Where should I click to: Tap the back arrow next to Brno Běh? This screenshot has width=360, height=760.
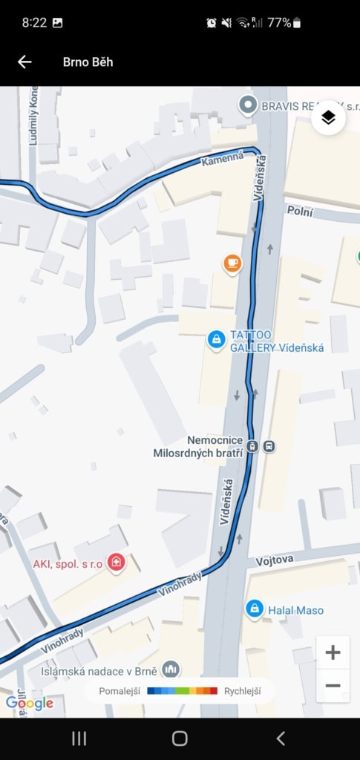[24, 62]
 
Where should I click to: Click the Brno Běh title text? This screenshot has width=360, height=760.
[88, 62]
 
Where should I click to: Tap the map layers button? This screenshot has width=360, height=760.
[329, 118]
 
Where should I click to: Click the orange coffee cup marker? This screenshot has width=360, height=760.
[232, 263]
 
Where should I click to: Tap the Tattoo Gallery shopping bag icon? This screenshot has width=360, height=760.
[216, 340]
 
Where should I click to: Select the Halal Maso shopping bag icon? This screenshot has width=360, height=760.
[255, 609]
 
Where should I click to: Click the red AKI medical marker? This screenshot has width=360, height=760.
[115, 563]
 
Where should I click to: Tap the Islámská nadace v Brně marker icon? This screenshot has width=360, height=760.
[171, 669]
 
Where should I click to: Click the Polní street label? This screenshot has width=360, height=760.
[300, 212]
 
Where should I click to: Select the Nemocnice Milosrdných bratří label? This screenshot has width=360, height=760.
[199, 447]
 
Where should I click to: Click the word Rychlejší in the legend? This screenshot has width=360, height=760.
[242, 691]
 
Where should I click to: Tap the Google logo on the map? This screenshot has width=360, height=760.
[29, 702]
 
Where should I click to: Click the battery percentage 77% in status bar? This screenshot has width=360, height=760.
[279, 23]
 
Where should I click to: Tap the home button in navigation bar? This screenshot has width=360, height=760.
[180, 738]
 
